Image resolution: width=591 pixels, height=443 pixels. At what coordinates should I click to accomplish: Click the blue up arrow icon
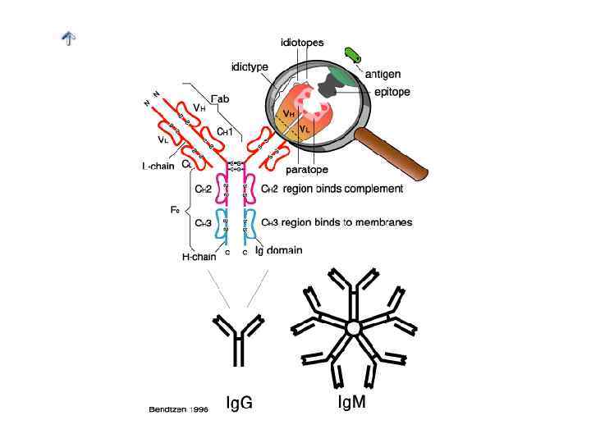point(70,38)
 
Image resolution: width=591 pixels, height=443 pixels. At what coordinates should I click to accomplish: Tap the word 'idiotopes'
point(302,43)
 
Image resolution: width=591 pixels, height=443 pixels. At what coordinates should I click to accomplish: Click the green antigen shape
point(354,55)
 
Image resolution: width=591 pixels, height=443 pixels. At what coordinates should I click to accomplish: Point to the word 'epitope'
point(392,92)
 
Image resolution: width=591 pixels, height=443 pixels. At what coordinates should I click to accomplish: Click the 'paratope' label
point(306,170)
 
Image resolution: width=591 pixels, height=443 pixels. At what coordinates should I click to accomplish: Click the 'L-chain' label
point(157,166)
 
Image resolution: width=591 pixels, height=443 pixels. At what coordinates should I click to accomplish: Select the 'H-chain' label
point(199,257)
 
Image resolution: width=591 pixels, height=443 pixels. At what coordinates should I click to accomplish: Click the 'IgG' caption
point(238,403)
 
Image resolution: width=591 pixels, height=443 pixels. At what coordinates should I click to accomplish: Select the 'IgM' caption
point(352,403)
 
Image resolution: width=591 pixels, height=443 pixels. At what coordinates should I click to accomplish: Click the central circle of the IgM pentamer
point(354,328)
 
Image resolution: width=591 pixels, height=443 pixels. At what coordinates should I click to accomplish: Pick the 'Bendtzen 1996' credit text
point(177,408)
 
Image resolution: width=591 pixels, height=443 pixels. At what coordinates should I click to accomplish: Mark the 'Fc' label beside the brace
point(174,209)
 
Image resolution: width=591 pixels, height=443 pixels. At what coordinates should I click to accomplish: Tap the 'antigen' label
point(383,74)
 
